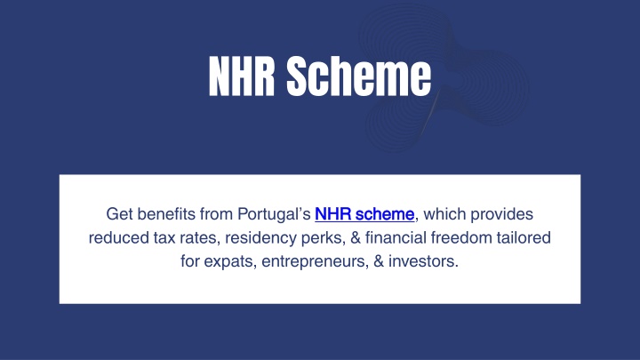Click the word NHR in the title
tap(241, 76)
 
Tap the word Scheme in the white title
tap(359, 76)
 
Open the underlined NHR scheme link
tap(364, 214)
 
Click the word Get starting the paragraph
tap(119, 214)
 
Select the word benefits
tap(166, 214)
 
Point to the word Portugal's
tap(274, 215)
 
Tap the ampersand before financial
tap(356, 238)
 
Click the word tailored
tap(524, 238)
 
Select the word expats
tap(230, 262)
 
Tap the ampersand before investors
tap(379, 261)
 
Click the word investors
tap(424, 261)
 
